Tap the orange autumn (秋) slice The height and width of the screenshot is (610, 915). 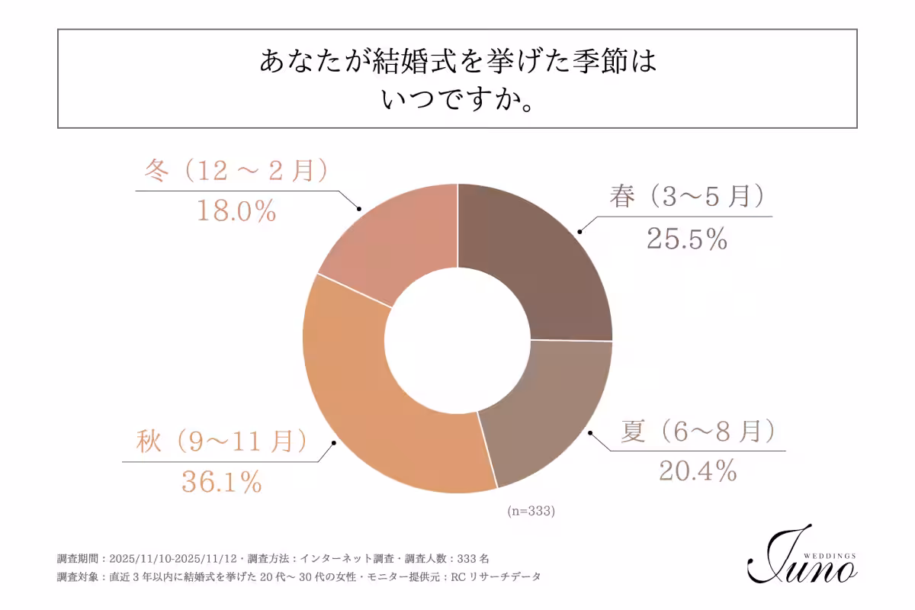pyautogui.click(x=374, y=412)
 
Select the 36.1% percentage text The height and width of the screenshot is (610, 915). pyautogui.click(x=222, y=480)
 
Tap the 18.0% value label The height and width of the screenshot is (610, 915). pyautogui.click(x=236, y=211)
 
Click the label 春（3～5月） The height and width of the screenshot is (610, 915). pyautogui.click(x=686, y=197)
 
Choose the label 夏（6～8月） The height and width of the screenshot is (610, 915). pyautogui.click(x=697, y=432)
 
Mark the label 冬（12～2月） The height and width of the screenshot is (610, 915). pyautogui.click(x=236, y=171)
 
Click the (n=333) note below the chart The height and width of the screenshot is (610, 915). pyautogui.click(x=531, y=512)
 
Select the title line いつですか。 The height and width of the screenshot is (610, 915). pyautogui.click(x=457, y=99)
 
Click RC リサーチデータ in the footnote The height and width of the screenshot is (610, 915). pyautogui.click(x=496, y=576)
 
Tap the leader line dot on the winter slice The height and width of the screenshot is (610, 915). pyautogui.click(x=358, y=208)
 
